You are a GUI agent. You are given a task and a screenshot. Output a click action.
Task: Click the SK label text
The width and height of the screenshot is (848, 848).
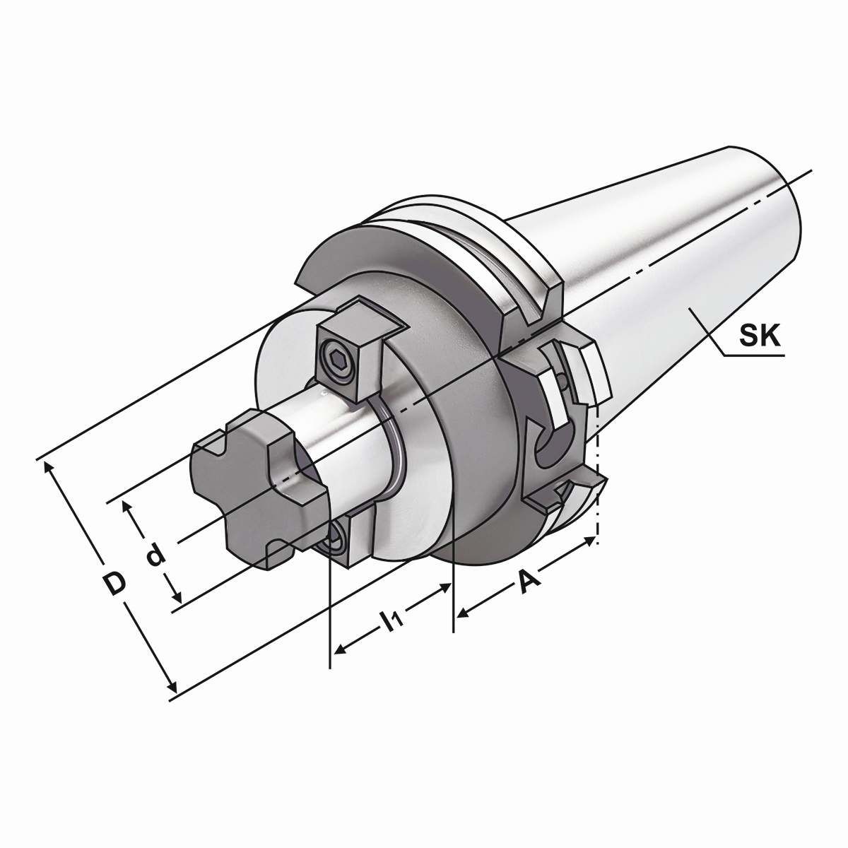point(761,338)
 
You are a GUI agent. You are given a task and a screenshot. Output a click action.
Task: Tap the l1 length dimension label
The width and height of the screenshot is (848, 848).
point(391,620)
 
